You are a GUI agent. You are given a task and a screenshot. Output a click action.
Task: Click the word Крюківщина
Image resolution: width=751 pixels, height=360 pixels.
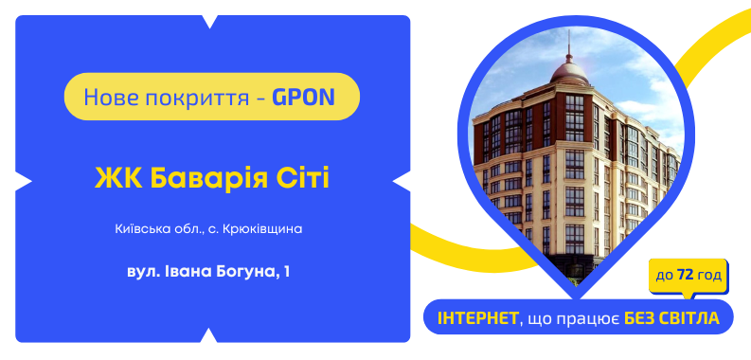(266, 229)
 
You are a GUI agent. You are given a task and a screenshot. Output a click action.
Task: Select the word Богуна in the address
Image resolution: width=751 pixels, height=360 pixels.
(241, 272)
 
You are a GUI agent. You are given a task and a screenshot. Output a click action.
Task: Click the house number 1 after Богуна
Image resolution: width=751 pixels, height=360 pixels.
(286, 272)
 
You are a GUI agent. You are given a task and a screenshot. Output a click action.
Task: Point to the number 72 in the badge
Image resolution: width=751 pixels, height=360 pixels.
(684, 275)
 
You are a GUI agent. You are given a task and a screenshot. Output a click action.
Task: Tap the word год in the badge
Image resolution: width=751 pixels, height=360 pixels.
(709, 275)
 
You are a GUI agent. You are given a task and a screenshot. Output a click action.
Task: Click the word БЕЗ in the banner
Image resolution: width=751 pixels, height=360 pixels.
(641, 317)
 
